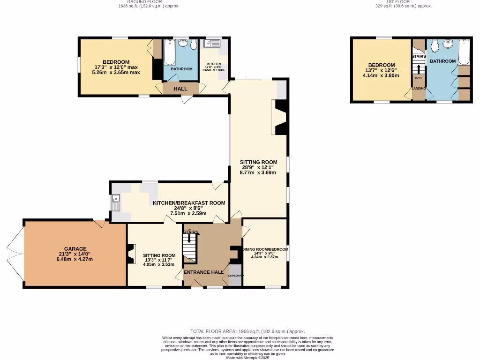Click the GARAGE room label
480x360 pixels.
[x=75, y=249]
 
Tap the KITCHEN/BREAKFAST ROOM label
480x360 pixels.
[x=189, y=203]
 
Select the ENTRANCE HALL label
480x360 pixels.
[x=204, y=272]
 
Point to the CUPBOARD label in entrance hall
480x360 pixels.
[x=236, y=276]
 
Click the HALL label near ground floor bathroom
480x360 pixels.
[x=180, y=89]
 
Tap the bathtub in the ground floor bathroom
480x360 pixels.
[x=169, y=53]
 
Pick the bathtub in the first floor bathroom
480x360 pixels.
[x=464, y=52]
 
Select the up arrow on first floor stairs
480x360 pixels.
[x=419, y=69]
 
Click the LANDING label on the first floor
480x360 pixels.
[x=419, y=88]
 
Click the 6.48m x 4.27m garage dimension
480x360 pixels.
[x=75, y=259]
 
